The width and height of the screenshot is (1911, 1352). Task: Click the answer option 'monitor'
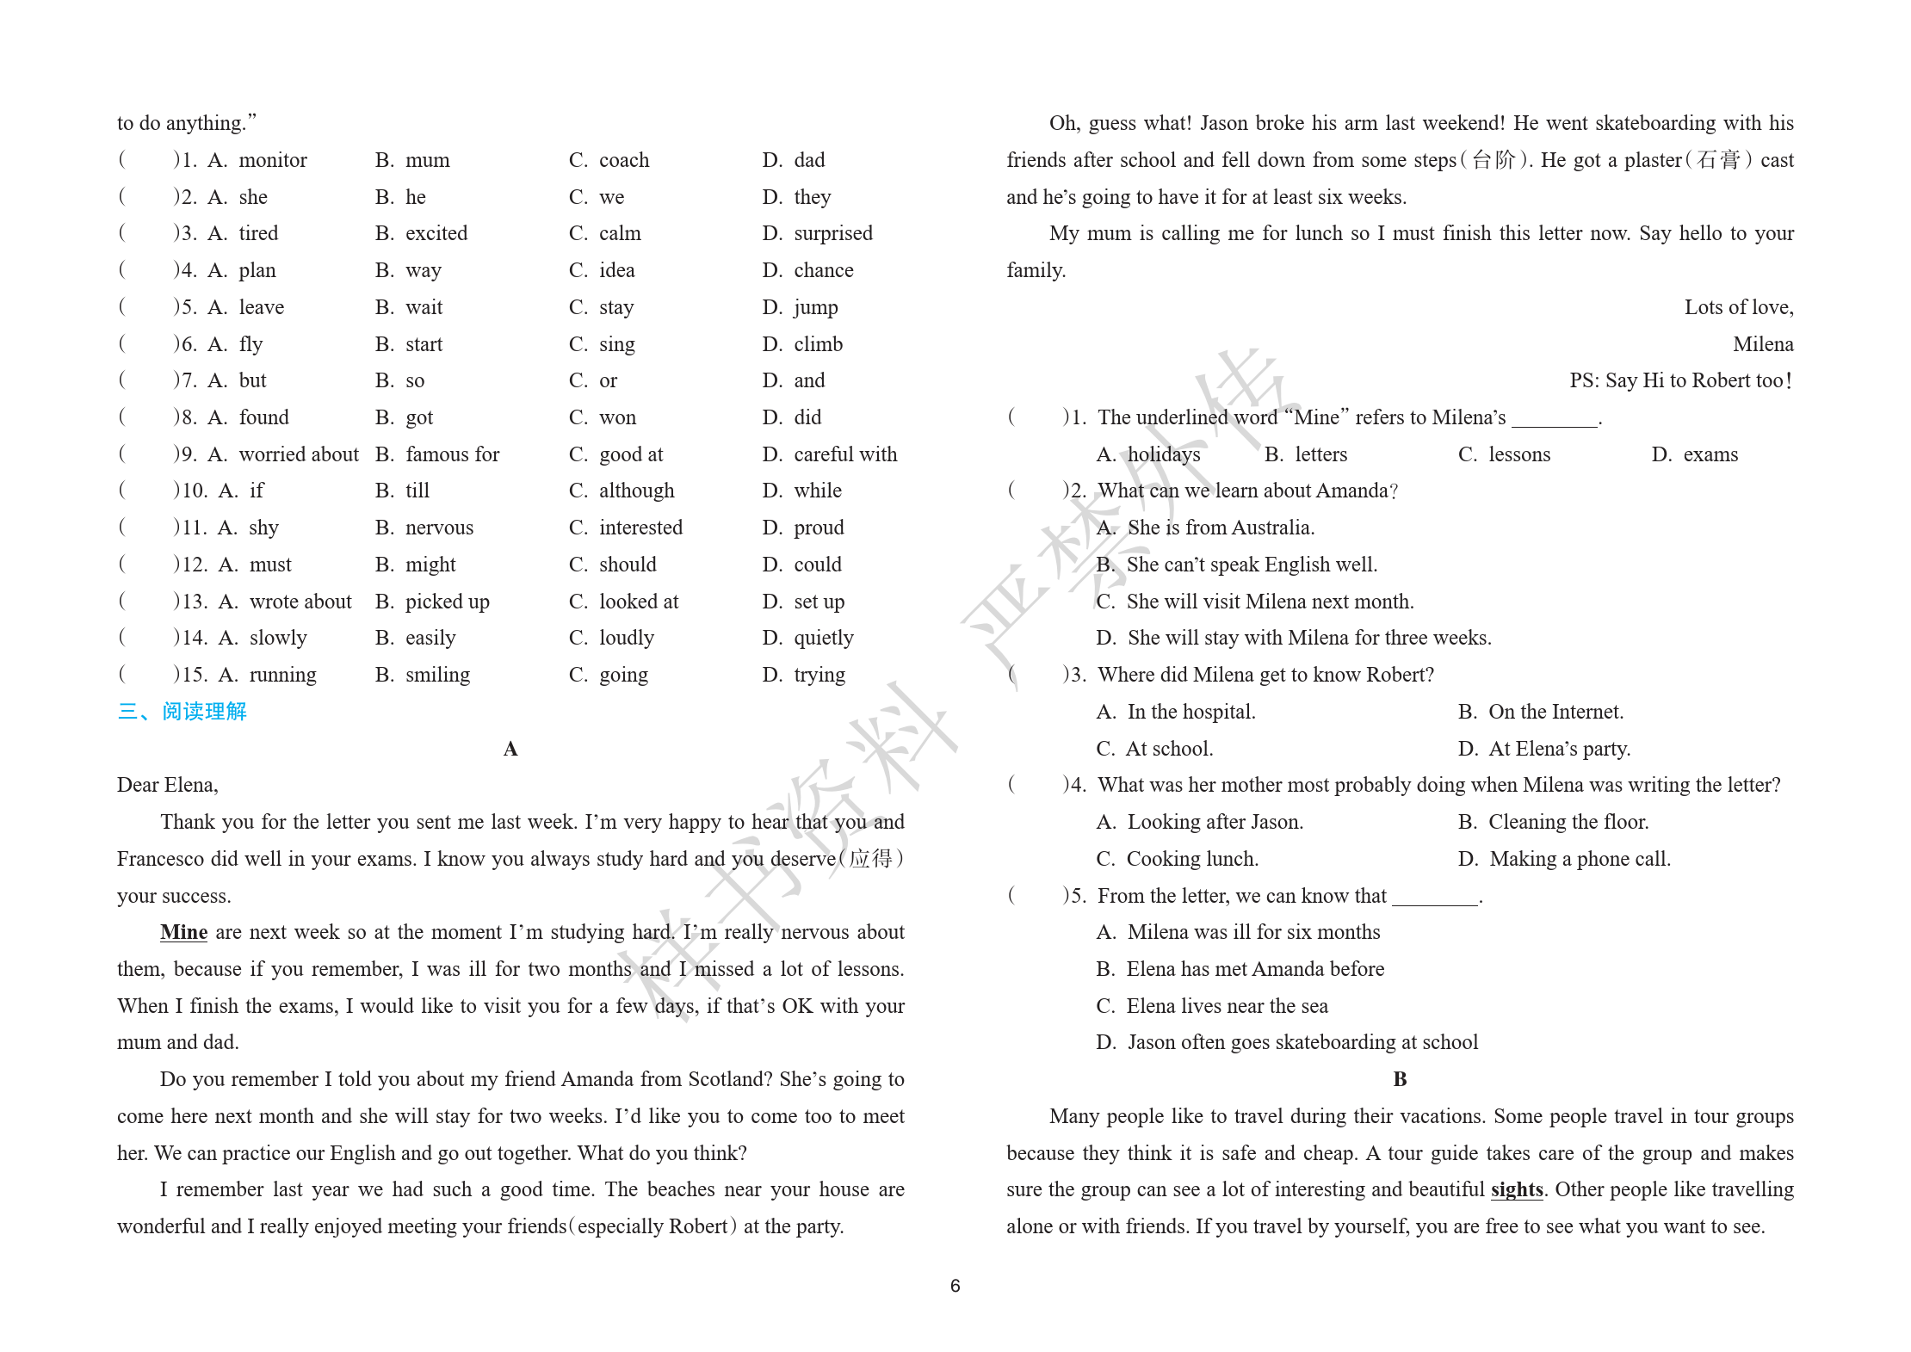[x=272, y=161]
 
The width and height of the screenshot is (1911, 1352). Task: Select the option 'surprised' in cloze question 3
[x=832, y=234]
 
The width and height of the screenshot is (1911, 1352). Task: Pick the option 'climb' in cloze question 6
[x=818, y=345]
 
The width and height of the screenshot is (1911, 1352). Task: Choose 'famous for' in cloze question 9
[x=452, y=455]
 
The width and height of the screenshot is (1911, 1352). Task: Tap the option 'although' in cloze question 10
[x=636, y=491]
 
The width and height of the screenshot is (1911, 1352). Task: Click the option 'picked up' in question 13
[x=447, y=602]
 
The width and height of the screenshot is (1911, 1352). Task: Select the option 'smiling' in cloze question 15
[x=437, y=676]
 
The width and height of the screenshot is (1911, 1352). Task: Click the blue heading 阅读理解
[x=204, y=712]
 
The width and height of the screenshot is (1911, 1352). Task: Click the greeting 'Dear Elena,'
[x=168, y=786]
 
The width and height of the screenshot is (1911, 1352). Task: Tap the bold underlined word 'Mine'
[x=183, y=933]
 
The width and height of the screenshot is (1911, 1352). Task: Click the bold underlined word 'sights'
[x=1517, y=1190]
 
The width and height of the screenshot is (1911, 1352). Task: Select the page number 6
[x=955, y=1286]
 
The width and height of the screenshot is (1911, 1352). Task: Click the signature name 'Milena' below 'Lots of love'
[x=1763, y=345]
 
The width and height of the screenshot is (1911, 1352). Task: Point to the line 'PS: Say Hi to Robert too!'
[x=1680, y=381]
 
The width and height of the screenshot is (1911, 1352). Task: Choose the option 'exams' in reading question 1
[x=1710, y=455]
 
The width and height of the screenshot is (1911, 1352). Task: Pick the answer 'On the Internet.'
[x=1555, y=713]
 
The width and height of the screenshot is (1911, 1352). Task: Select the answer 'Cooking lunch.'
[x=1192, y=860]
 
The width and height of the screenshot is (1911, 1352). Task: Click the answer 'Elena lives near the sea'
[x=1227, y=1007]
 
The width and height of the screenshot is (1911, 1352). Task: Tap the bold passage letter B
[x=1400, y=1080]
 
